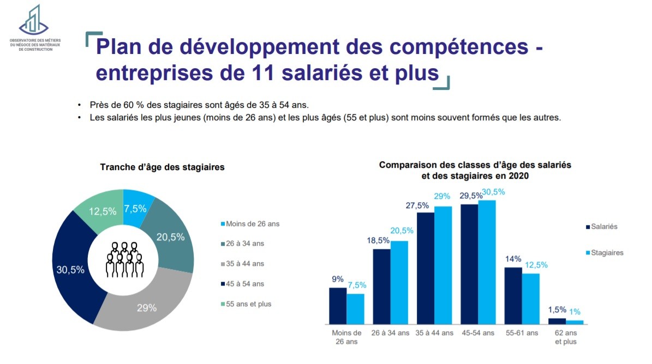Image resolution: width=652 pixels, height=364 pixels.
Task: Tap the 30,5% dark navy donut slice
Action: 70,270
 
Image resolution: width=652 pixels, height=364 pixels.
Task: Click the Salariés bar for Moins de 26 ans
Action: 338,306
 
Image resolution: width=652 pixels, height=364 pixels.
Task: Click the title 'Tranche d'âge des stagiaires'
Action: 163,167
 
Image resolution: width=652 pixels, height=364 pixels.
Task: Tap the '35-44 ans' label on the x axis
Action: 434,333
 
